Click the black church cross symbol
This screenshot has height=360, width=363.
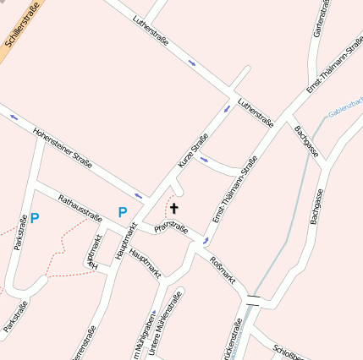point(174,208)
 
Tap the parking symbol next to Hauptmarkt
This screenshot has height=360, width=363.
point(123,212)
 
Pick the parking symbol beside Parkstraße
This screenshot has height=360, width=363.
point(35,218)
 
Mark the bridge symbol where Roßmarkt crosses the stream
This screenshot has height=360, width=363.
point(253,298)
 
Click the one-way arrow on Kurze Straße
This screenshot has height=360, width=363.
point(226,109)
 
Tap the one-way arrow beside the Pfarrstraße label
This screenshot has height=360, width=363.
point(204,243)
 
